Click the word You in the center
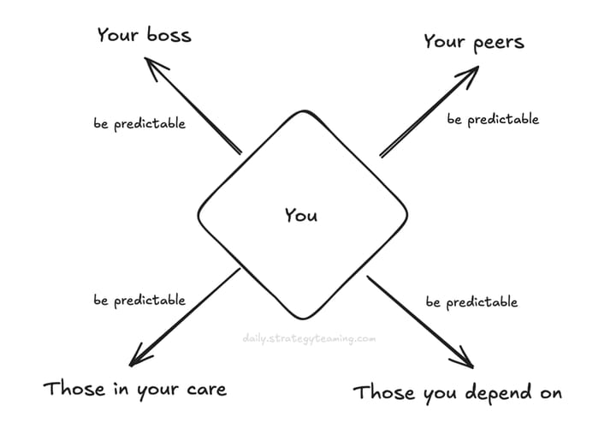tap(301, 215)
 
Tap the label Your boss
tap(144, 36)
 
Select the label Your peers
tap(473, 42)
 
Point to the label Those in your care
tap(134, 390)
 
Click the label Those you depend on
tap(458, 393)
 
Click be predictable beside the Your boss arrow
tap(139, 124)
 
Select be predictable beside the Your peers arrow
tap(493, 120)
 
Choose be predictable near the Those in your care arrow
tap(139, 301)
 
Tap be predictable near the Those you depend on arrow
tap(471, 302)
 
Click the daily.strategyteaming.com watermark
tap(309, 339)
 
